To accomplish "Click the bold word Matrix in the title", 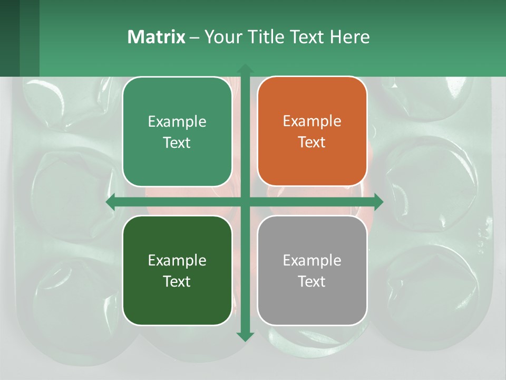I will click(157, 37).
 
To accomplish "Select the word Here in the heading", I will click(349, 37).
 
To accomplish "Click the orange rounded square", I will click(312, 131).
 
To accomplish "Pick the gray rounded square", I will click(312, 271).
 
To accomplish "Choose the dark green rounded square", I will click(177, 271).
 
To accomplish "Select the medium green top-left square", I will click(177, 131).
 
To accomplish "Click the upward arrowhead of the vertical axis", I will click(245, 69).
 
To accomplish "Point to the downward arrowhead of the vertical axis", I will click(245, 336).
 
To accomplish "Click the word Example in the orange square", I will click(312, 121).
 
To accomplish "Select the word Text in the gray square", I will click(312, 282).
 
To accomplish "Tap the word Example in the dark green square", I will click(177, 261).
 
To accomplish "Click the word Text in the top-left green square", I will click(177, 143).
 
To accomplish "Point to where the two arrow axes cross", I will click(245, 202).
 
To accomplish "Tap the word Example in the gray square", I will click(312, 261).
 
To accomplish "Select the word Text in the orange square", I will click(312, 142).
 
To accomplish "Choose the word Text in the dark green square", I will click(177, 282).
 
